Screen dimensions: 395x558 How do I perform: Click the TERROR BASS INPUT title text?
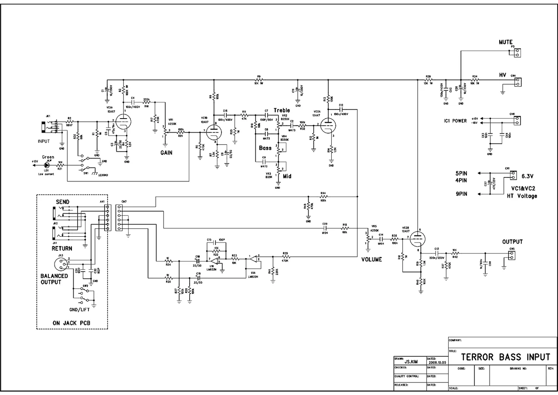506,357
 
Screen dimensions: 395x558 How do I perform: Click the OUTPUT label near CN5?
512,242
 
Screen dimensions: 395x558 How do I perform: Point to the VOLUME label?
371,259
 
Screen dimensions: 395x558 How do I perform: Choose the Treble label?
282,110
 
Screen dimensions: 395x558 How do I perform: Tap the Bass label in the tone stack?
265,148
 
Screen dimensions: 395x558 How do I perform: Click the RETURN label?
62,248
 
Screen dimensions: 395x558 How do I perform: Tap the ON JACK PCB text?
71,323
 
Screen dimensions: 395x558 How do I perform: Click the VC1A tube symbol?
125,120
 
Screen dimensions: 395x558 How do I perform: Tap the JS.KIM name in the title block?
408,361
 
